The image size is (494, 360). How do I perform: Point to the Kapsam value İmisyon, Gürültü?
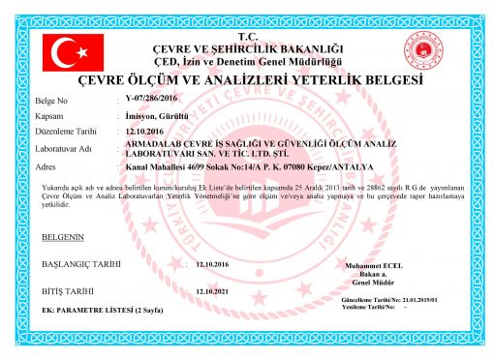point(155,116)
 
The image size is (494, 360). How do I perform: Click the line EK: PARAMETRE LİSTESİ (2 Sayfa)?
point(102,311)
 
